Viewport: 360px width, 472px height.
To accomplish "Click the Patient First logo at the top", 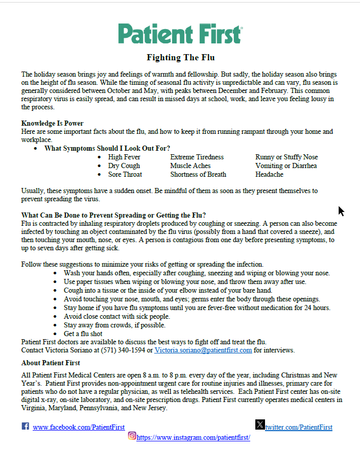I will [x=180, y=34].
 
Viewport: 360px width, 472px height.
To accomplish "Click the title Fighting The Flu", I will [x=180, y=57].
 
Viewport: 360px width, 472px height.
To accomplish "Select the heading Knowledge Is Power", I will [x=52, y=123].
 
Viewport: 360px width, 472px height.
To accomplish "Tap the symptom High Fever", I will [x=124, y=157].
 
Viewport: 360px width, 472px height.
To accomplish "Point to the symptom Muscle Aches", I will [x=190, y=166].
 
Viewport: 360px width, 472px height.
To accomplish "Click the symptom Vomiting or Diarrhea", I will [x=286, y=166].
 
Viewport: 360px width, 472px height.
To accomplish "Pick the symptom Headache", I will [x=269, y=174].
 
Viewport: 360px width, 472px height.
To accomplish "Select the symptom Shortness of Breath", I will [x=198, y=174].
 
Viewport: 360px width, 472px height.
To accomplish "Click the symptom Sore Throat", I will [x=125, y=174].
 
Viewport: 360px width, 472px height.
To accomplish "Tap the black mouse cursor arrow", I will [x=341, y=211].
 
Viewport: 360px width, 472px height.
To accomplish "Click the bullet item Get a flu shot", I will [x=83, y=334].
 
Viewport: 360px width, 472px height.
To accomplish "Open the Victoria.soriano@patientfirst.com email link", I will [x=203, y=350].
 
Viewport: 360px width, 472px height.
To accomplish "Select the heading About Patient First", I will [x=51, y=363].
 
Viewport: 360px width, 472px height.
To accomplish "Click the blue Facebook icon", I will [x=25, y=426].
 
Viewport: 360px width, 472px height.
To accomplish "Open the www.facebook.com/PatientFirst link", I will [x=79, y=427].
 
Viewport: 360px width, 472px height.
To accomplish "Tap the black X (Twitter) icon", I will [x=260, y=424].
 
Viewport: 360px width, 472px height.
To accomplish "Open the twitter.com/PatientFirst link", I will [x=299, y=427].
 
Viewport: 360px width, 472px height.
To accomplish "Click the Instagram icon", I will [x=132, y=436].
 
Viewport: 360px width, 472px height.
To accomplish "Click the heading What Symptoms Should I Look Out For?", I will [x=107, y=148].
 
